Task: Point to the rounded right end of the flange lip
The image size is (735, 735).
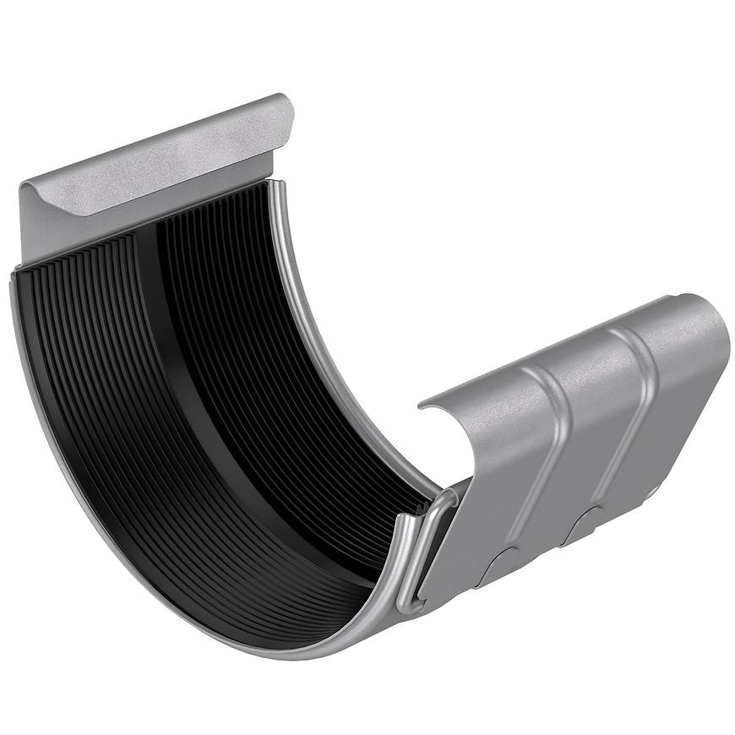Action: tap(286, 110)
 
